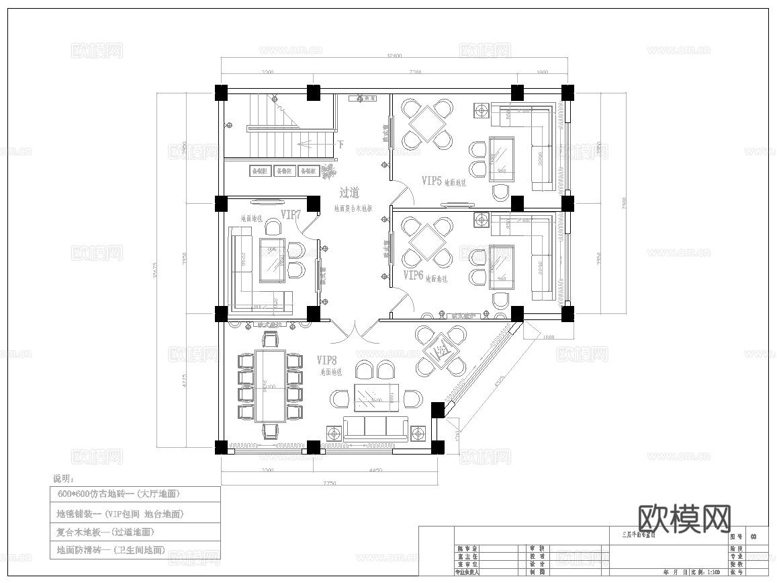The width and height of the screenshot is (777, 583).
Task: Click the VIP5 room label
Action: [x=432, y=180]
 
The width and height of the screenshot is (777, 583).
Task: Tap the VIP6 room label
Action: [x=413, y=276]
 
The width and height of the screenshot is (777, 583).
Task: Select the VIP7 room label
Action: [x=290, y=215]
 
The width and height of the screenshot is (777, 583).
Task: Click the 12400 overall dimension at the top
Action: [x=394, y=56]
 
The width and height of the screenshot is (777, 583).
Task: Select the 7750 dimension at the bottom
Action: [x=328, y=482]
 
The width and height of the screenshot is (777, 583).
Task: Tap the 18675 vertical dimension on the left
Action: [x=156, y=269]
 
